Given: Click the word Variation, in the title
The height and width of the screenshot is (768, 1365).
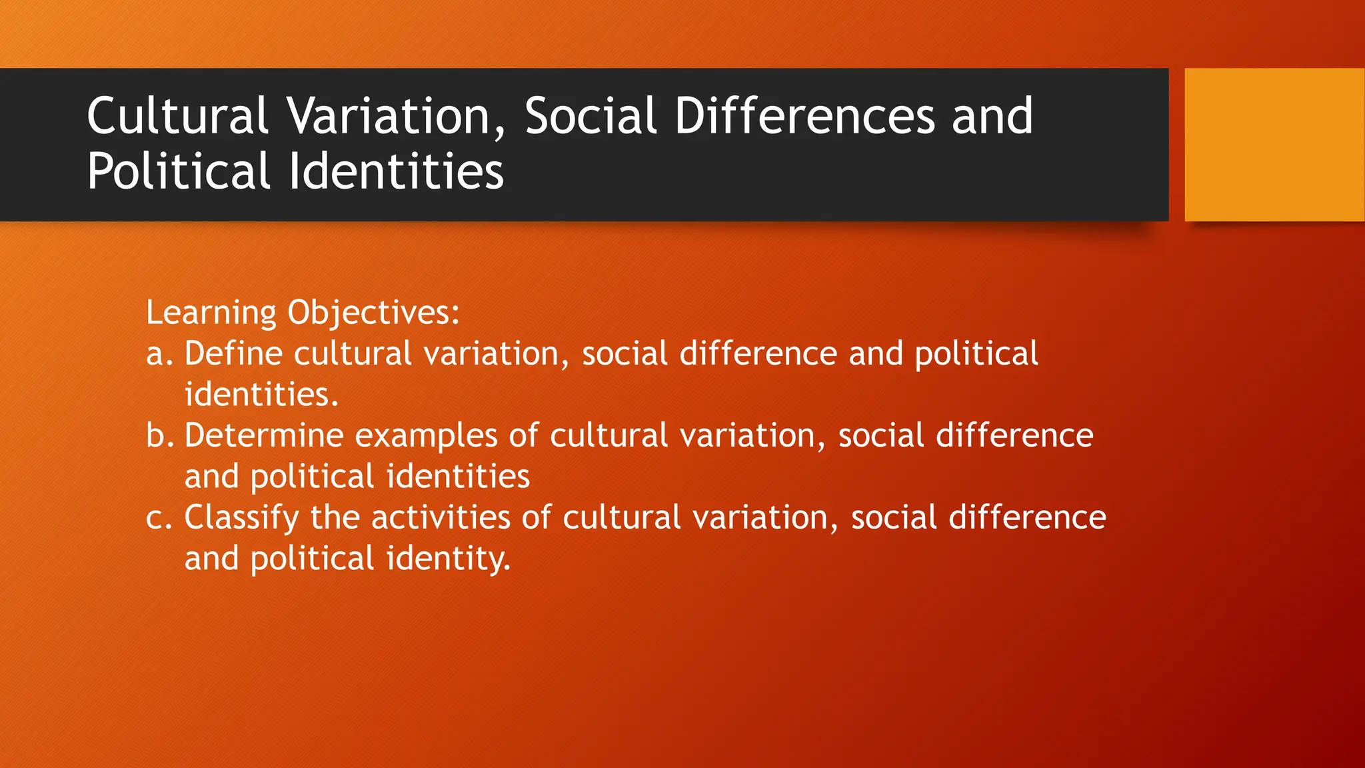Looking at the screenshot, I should tap(397, 117).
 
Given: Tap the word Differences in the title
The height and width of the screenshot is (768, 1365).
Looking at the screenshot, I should tap(804, 117).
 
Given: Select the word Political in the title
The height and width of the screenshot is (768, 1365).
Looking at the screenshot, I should tap(178, 171).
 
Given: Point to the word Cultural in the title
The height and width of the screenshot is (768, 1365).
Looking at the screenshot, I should tap(177, 117).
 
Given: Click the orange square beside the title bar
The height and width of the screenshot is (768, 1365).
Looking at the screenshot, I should tap(1274, 145).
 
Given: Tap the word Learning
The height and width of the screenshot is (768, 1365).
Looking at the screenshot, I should tap(211, 313).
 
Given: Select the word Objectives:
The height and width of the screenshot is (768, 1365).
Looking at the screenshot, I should tap(373, 313).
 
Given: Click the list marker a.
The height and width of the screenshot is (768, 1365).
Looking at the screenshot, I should tap(159, 354).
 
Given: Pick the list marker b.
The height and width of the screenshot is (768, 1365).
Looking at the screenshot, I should tap(159, 436).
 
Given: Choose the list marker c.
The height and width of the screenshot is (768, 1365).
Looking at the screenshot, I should tap(159, 518).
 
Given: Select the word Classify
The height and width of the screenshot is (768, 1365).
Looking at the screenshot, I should tap(241, 518).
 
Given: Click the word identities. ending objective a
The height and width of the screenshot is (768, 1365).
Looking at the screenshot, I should tap(261, 395).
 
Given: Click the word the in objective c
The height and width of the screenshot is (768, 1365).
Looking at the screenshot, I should tap(335, 518).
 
